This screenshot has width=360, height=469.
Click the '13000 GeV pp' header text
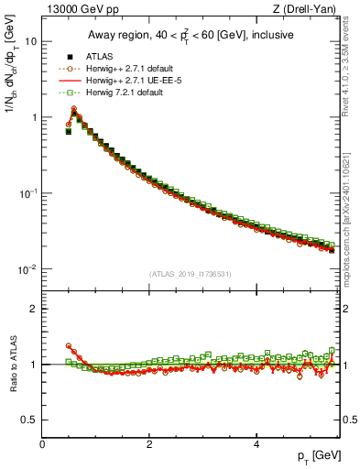click(76, 8)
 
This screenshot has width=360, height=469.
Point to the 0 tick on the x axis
click(42, 444)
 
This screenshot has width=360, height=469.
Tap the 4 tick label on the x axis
click(256, 444)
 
